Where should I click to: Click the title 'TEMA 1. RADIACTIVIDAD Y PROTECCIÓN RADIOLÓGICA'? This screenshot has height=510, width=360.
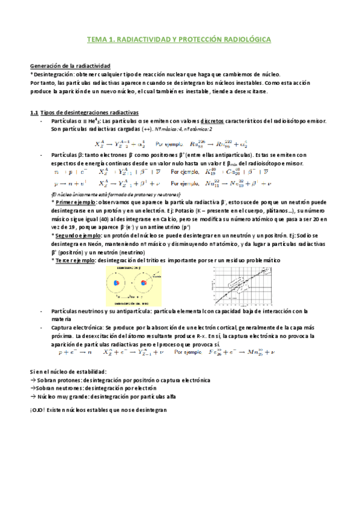click(179, 40)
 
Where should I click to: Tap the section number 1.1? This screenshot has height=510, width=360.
click(34, 112)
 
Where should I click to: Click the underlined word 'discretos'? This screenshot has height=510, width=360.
click(212, 120)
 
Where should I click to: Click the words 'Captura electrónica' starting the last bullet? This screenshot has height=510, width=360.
click(76, 328)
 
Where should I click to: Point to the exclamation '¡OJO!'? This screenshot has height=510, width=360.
click(38, 410)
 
